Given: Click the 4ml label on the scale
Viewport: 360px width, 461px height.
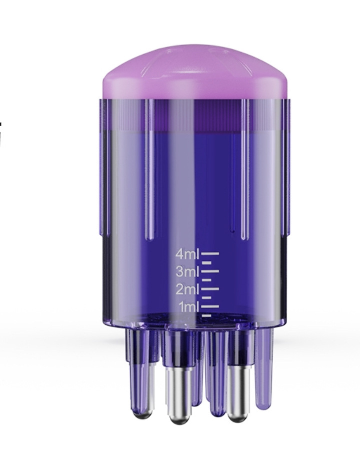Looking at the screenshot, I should [x=187, y=254].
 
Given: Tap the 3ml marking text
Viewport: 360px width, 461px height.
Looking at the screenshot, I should [x=187, y=272].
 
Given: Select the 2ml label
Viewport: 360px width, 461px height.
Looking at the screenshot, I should [x=187, y=289].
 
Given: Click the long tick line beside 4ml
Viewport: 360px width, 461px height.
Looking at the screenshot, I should [x=210, y=254].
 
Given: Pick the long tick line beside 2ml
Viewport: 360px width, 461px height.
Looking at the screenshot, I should [x=210, y=289].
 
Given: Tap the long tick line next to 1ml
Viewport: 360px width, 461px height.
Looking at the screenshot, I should [x=210, y=306].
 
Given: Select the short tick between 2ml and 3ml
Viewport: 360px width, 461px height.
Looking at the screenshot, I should [x=207, y=280].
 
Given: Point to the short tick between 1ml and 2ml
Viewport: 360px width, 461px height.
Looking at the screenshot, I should [x=207, y=297].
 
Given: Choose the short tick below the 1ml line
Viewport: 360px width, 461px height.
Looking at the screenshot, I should [x=207, y=315].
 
